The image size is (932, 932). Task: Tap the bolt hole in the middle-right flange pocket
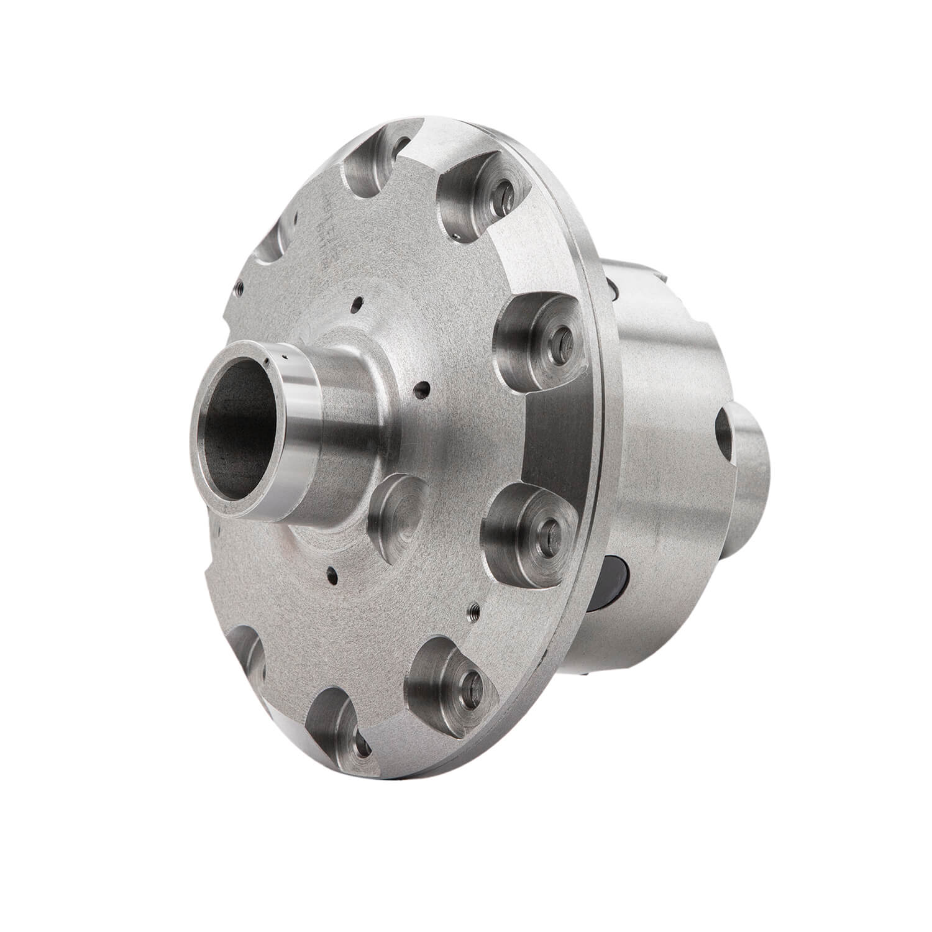tap(562, 336)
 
